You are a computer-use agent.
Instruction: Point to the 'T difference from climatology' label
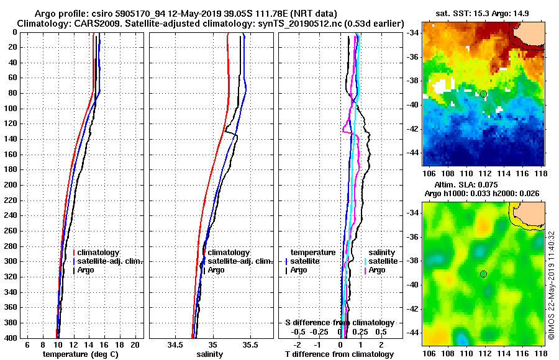click(x=339, y=354)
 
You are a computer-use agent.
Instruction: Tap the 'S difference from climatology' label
click(x=339, y=323)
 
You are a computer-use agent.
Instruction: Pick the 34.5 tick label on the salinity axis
click(x=175, y=344)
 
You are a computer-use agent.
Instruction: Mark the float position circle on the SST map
click(x=483, y=94)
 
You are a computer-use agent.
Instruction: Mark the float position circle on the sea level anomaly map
click(x=483, y=274)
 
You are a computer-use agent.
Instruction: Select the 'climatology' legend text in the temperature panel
click(x=99, y=253)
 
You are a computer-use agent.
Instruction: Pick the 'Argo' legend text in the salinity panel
click(x=216, y=270)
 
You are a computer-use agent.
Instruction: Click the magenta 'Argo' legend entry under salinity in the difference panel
click(x=377, y=270)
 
